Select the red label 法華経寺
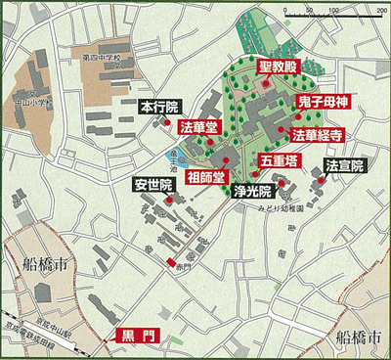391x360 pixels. tap(319, 133)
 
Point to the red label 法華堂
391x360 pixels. tap(199, 127)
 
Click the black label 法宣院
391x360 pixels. tap(343, 165)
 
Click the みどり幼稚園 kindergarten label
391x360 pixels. tap(282, 207)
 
